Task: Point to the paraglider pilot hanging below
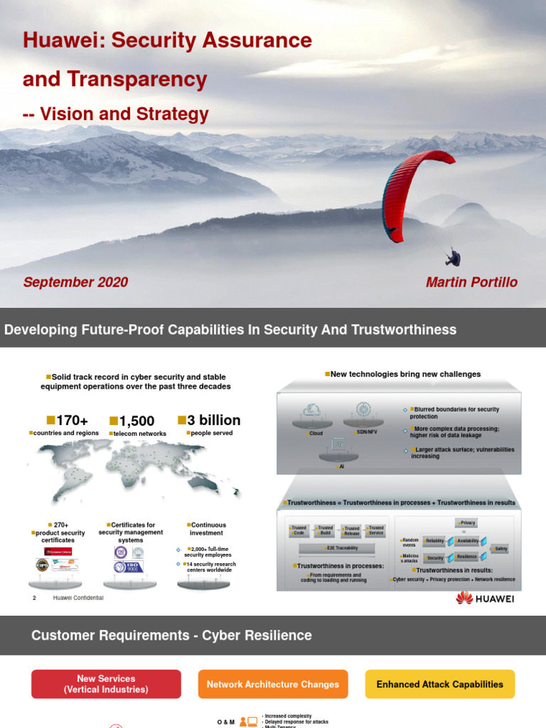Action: [453, 257]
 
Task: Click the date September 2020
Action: [75, 282]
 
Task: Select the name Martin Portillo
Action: [471, 282]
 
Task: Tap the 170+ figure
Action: [68, 421]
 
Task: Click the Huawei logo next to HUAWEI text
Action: [464, 598]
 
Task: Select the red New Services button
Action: [106, 684]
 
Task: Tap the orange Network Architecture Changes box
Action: [273, 684]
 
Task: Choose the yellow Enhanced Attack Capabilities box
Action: [439, 684]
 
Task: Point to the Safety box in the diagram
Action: [501, 549]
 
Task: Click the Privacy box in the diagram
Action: [468, 523]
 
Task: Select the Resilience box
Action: [466, 557]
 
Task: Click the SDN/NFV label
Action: [368, 432]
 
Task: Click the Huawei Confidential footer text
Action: [78, 598]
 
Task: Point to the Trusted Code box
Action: [299, 530]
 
